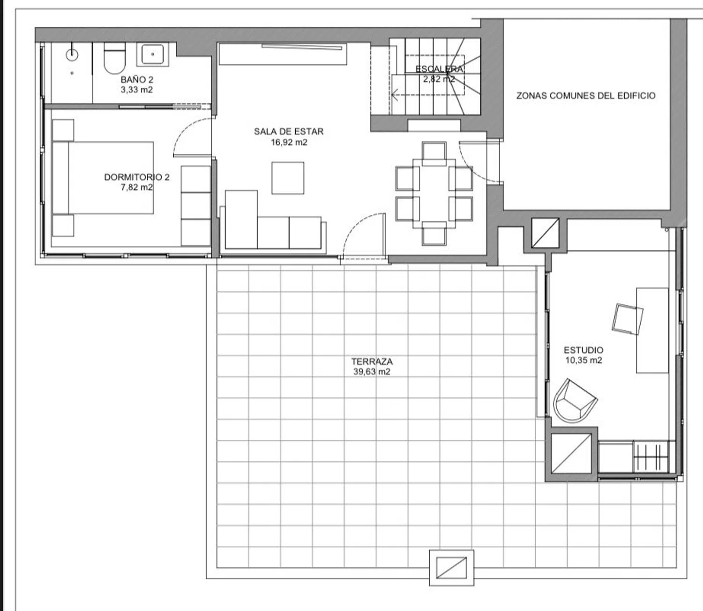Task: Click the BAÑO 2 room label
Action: (x=137, y=80)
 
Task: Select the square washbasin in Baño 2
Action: (x=153, y=54)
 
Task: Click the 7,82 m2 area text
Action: (x=137, y=187)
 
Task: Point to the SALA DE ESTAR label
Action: (x=289, y=131)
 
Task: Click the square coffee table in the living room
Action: (x=288, y=178)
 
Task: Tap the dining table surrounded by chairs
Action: (x=434, y=194)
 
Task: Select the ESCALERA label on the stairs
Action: (x=439, y=69)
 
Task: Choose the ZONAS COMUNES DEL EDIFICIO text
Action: (x=586, y=96)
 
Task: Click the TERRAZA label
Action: (x=372, y=362)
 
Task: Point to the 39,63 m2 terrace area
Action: (x=372, y=372)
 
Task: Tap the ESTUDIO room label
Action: (x=583, y=350)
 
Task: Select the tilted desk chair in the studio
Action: (x=628, y=319)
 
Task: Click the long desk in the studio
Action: (x=652, y=330)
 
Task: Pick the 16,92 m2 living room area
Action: (x=289, y=142)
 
